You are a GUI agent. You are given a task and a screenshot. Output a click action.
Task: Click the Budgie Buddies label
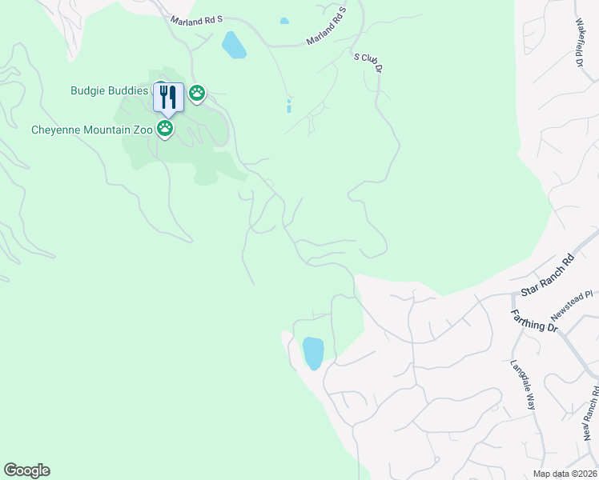(x=109, y=90)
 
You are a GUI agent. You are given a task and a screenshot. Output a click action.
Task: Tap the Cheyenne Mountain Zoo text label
(x=90, y=129)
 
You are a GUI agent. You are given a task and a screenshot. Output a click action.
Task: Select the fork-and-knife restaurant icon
(x=168, y=98)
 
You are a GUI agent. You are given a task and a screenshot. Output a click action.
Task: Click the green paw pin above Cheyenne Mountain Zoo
(x=165, y=128)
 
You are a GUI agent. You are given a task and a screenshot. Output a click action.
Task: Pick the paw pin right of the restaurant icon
(x=197, y=94)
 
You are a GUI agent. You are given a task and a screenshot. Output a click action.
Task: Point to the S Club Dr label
(x=369, y=63)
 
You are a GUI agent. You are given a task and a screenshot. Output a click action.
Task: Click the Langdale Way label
(x=523, y=385)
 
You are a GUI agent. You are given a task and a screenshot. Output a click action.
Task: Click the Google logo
(x=26, y=470)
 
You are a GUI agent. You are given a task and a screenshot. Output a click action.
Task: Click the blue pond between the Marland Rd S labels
(x=234, y=45)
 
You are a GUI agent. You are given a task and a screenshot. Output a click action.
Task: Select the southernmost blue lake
(x=312, y=353)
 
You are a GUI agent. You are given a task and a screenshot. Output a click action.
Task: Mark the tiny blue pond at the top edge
(x=284, y=21)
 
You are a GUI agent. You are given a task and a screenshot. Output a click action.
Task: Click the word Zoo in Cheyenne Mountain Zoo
(x=139, y=129)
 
